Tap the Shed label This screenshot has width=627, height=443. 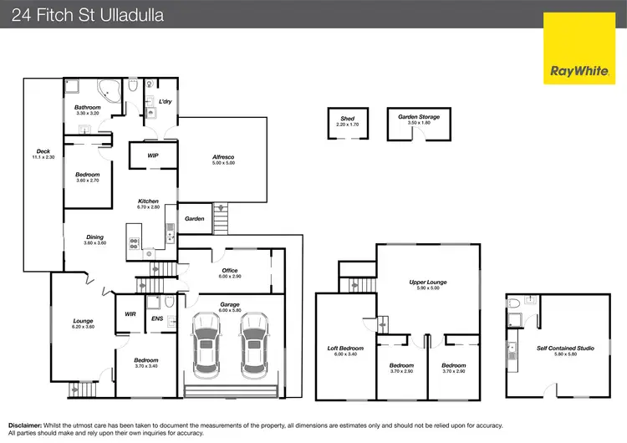pos(347,120)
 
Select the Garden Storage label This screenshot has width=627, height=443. pos(419,118)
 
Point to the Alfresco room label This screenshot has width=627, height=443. pos(222,157)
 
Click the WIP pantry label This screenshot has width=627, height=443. pos(153,155)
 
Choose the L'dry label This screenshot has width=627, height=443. pos(166,102)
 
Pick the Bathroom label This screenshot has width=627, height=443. pos(87,108)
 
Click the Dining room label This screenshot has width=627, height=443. pos(95,237)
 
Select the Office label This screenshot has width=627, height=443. pos(230,271)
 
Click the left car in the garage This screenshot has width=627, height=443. pos(206,344)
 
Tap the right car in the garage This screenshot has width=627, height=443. pos(253,344)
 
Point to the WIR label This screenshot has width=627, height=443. pos(130,314)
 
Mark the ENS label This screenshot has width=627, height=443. pos(157,318)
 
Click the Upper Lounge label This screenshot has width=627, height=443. pos(428,283)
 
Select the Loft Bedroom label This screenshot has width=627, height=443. pos(345,349)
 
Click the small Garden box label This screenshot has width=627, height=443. pos(195,219)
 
